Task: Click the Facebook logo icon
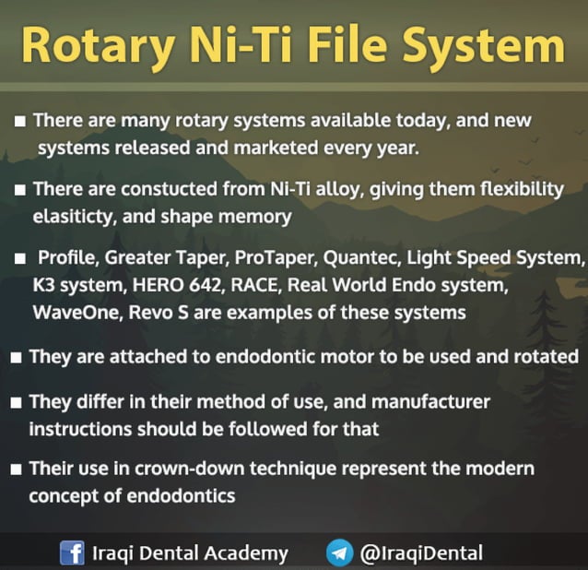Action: coord(72,553)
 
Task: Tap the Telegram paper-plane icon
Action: coord(339,553)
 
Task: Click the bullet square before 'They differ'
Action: coord(18,403)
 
